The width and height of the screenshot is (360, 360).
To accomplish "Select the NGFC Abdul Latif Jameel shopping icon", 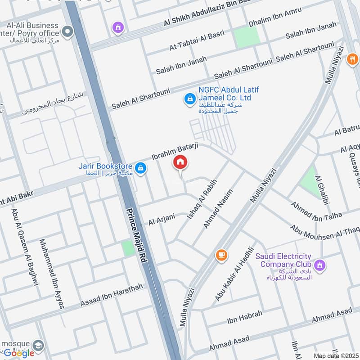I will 190,98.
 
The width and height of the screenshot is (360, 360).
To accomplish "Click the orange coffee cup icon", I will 220,255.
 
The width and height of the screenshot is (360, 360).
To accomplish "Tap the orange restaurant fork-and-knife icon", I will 352,60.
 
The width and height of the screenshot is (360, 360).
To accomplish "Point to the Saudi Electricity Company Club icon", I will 319,265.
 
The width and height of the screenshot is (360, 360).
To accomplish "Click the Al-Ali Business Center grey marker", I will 67,32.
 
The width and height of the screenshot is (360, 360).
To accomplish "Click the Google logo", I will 19,353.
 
